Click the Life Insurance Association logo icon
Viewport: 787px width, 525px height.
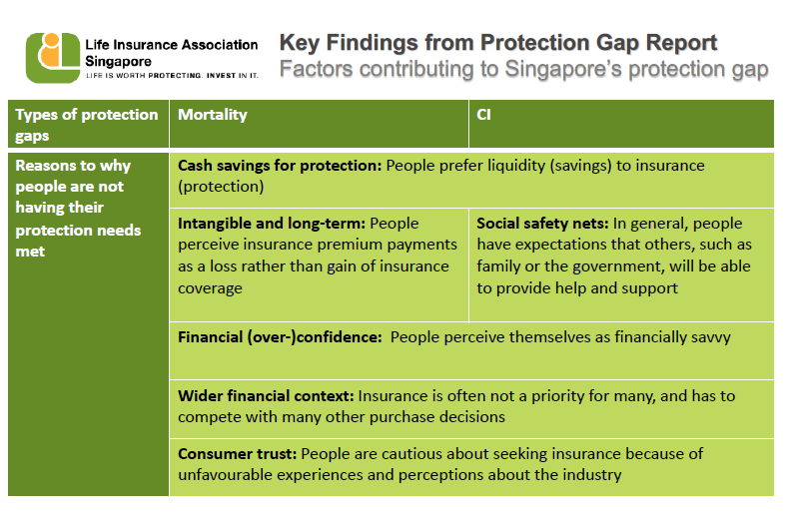point(53,58)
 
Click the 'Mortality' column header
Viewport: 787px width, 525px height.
point(213,115)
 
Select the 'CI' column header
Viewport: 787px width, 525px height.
point(483,115)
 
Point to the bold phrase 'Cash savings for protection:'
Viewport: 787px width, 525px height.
point(280,166)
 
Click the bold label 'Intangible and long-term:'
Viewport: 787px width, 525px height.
point(272,224)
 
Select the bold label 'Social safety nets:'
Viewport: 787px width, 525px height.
point(542,224)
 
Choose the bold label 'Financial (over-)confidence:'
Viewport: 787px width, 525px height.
point(280,337)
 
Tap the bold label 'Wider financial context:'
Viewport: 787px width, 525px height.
point(266,396)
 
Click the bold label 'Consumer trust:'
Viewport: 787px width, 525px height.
point(238,454)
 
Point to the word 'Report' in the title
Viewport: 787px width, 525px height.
point(681,43)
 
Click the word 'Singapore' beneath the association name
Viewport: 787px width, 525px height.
point(119,61)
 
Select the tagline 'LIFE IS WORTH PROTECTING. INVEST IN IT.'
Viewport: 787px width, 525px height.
point(172,75)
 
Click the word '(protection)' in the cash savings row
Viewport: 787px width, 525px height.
point(221,187)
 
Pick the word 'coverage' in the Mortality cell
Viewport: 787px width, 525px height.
point(210,288)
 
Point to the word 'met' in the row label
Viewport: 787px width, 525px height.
point(30,252)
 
